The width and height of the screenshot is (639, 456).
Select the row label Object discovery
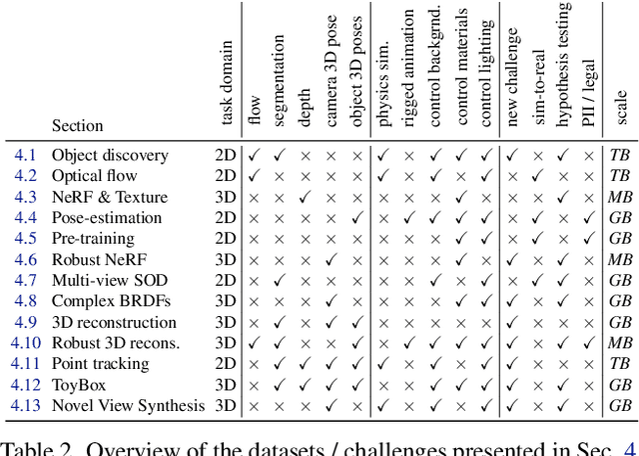click(x=110, y=155)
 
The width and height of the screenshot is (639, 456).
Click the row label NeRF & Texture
click(x=110, y=197)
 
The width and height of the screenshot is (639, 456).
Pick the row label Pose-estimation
click(x=107, y=218)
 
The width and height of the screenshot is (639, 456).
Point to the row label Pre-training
click(x=93, y=239)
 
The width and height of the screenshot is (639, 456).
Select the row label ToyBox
click(x=79, y=384)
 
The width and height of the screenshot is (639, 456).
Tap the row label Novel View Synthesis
click(x=128, y=405)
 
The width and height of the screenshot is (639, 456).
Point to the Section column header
click(x=77, y=125)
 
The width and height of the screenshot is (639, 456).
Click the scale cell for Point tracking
click(x=620, y=364)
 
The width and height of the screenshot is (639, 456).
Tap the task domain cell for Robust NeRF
click(x=226, y=260)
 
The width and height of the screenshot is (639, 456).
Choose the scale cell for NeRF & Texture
click(x=620, y=197)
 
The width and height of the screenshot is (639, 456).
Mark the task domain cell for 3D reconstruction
click(x=226, y=322)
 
